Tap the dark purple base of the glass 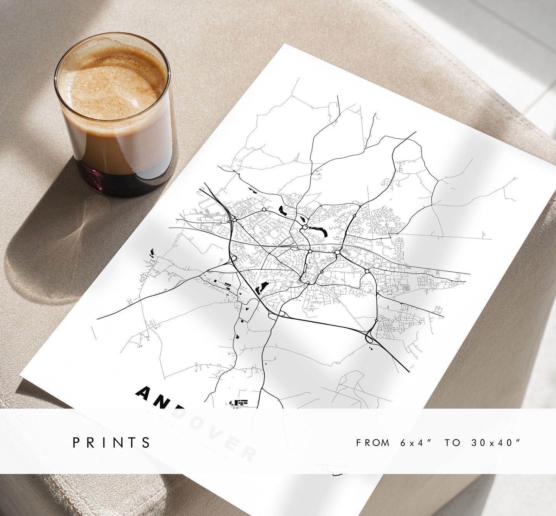[115, 181]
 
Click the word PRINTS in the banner [112, 443]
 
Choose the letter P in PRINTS [77, 443]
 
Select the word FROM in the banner [372, 443]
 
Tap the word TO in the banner [452, 443]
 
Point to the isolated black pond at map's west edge [152, 252]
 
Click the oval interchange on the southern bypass [277, 315]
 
